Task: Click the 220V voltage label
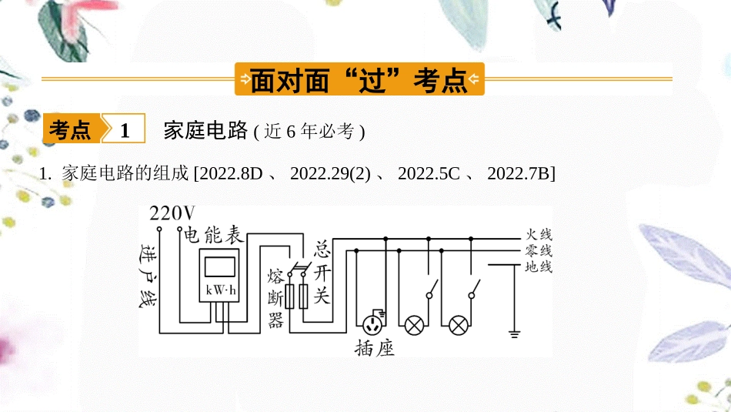click(172, 213)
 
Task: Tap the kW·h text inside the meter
click(219, 291)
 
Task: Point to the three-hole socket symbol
click(374, 323)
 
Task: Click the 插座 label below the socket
click(375, 347)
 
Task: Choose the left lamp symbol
click(416, 324)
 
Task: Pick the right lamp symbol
click(459, 324)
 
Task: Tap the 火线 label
click(538, 235)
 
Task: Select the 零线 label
click(538, 251)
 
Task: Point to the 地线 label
click(538, 267)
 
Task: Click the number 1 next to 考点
click(125, 130)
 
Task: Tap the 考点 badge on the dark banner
click(70, 130)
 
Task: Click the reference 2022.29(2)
click(331, 175)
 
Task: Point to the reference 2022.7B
click(521, 175)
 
